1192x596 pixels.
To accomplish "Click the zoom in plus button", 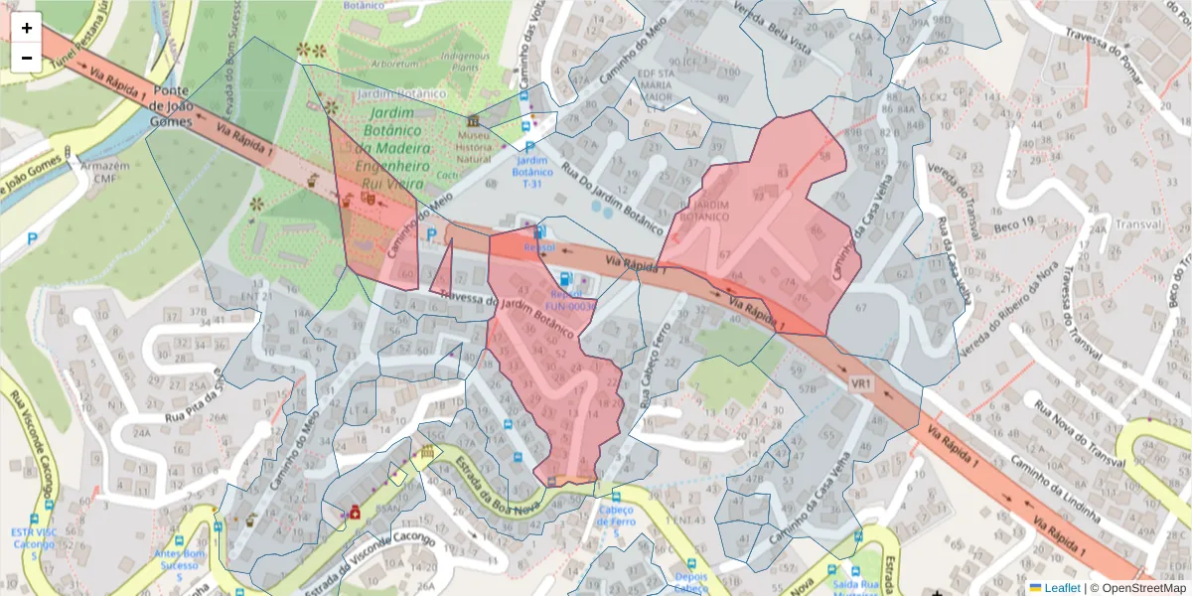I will tap(27, 28).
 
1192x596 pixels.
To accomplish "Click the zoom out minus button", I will tap(27, 58).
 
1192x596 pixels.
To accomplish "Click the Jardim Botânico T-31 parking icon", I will tap(530, 146).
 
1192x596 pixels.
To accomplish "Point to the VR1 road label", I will tap(861, 382).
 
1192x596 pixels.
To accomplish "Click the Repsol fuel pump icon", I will tap(565, 279).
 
